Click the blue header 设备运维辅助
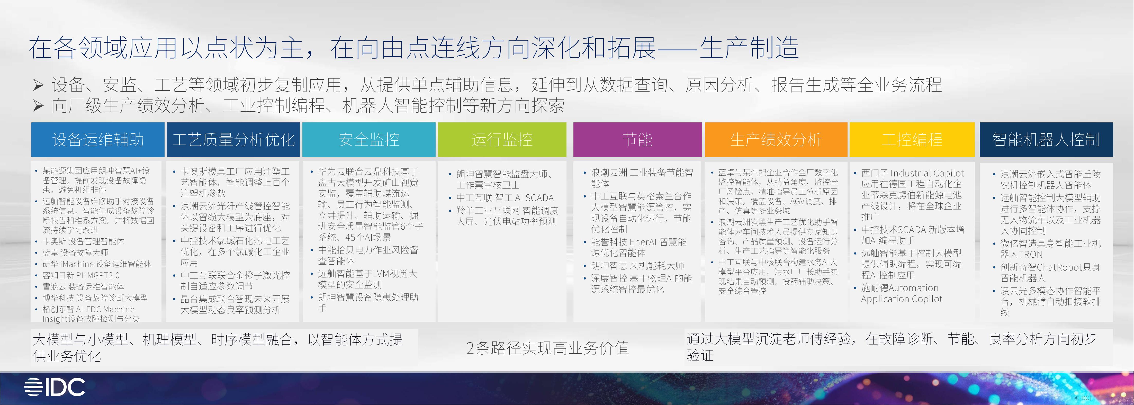pos(98,140)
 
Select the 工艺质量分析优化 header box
pos(233,140)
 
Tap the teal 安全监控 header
pos(369,140)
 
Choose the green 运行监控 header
pos(502,140)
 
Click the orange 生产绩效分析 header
pos(776,140)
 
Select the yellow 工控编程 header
pos(912,140)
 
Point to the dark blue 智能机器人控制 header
pos(1046,140)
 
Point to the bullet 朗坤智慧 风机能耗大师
pos(637,265)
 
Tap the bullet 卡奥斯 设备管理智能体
pos(83,241)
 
